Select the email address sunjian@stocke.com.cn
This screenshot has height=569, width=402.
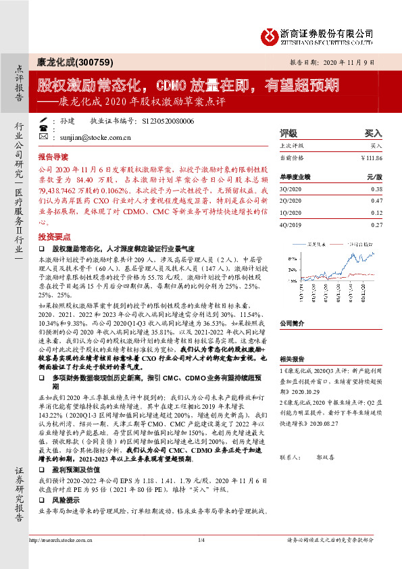point(86,137)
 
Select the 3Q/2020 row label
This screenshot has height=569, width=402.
point(291,189)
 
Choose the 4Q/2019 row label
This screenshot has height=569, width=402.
point(291,224)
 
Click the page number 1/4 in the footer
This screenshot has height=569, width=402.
point(201,540)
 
